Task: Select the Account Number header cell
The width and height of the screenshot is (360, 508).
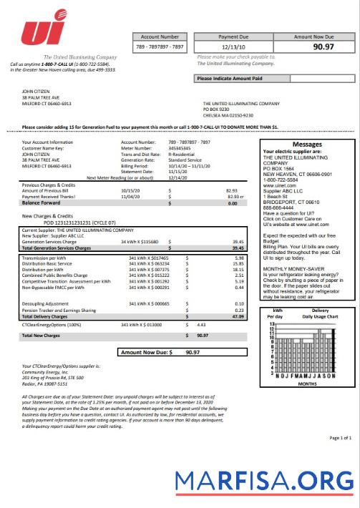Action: (x=160, y=36)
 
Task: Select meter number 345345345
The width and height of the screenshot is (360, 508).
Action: (x=182, y=148)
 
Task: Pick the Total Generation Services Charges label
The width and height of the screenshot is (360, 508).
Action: (x=57, y=248)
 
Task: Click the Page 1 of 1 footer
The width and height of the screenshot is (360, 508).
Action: (x=339, y=436)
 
